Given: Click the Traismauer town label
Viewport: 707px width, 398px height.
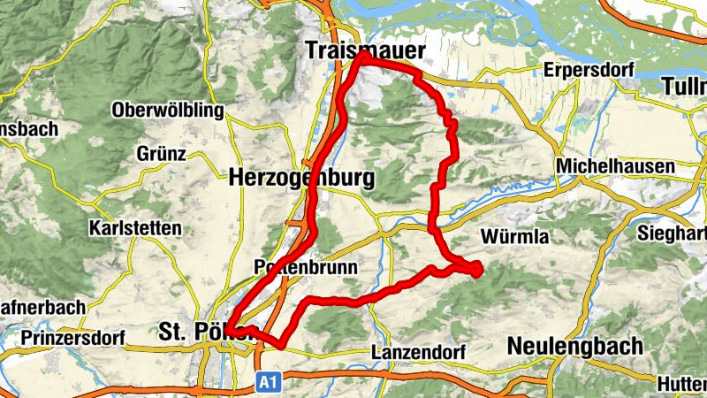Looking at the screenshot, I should point(364,50).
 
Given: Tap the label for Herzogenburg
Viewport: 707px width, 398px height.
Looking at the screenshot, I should point(300,178).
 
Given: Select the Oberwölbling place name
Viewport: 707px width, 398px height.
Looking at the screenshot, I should point(168,111).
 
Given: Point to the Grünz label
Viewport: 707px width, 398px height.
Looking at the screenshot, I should point(161,154).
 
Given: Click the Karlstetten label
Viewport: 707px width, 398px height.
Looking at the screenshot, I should point(134,228).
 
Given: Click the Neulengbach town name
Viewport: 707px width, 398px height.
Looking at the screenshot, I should point(574,347).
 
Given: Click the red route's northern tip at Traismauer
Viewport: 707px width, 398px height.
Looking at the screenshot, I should point(363,55).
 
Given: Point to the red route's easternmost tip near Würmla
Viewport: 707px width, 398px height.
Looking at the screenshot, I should point(480,269).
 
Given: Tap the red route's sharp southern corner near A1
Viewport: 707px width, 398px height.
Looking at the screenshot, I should point(281,345).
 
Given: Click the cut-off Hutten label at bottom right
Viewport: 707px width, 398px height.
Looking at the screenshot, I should point(681,384).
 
